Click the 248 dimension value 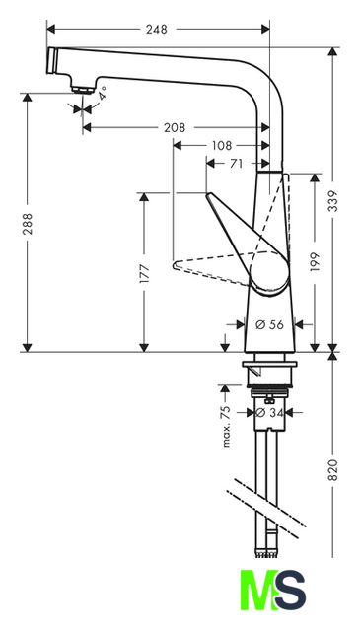point(156,29)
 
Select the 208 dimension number point(175,127)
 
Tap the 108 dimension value point(221,145)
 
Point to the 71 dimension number point(236,164)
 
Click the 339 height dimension point(333,201)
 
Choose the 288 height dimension point(28,224)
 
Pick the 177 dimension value point(144,274)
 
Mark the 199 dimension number point(315,262)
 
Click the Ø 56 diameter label point(270,324)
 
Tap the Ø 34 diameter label point(270,412)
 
